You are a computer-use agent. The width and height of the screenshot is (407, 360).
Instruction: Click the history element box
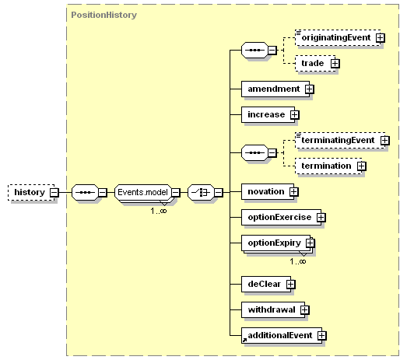pos(31,193)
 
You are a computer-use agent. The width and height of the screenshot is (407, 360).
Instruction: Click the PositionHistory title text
pos(104,15)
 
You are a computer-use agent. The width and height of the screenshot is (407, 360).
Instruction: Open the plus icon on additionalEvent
pos(322,336)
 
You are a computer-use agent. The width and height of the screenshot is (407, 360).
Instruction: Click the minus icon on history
pos(54,193)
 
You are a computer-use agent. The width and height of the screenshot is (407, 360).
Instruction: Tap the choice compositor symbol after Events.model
pos(201,193)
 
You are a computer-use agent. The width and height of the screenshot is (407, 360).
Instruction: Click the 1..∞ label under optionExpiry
pos(298,261)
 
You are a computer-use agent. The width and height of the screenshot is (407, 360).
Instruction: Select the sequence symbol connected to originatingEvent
pos(254,50)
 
